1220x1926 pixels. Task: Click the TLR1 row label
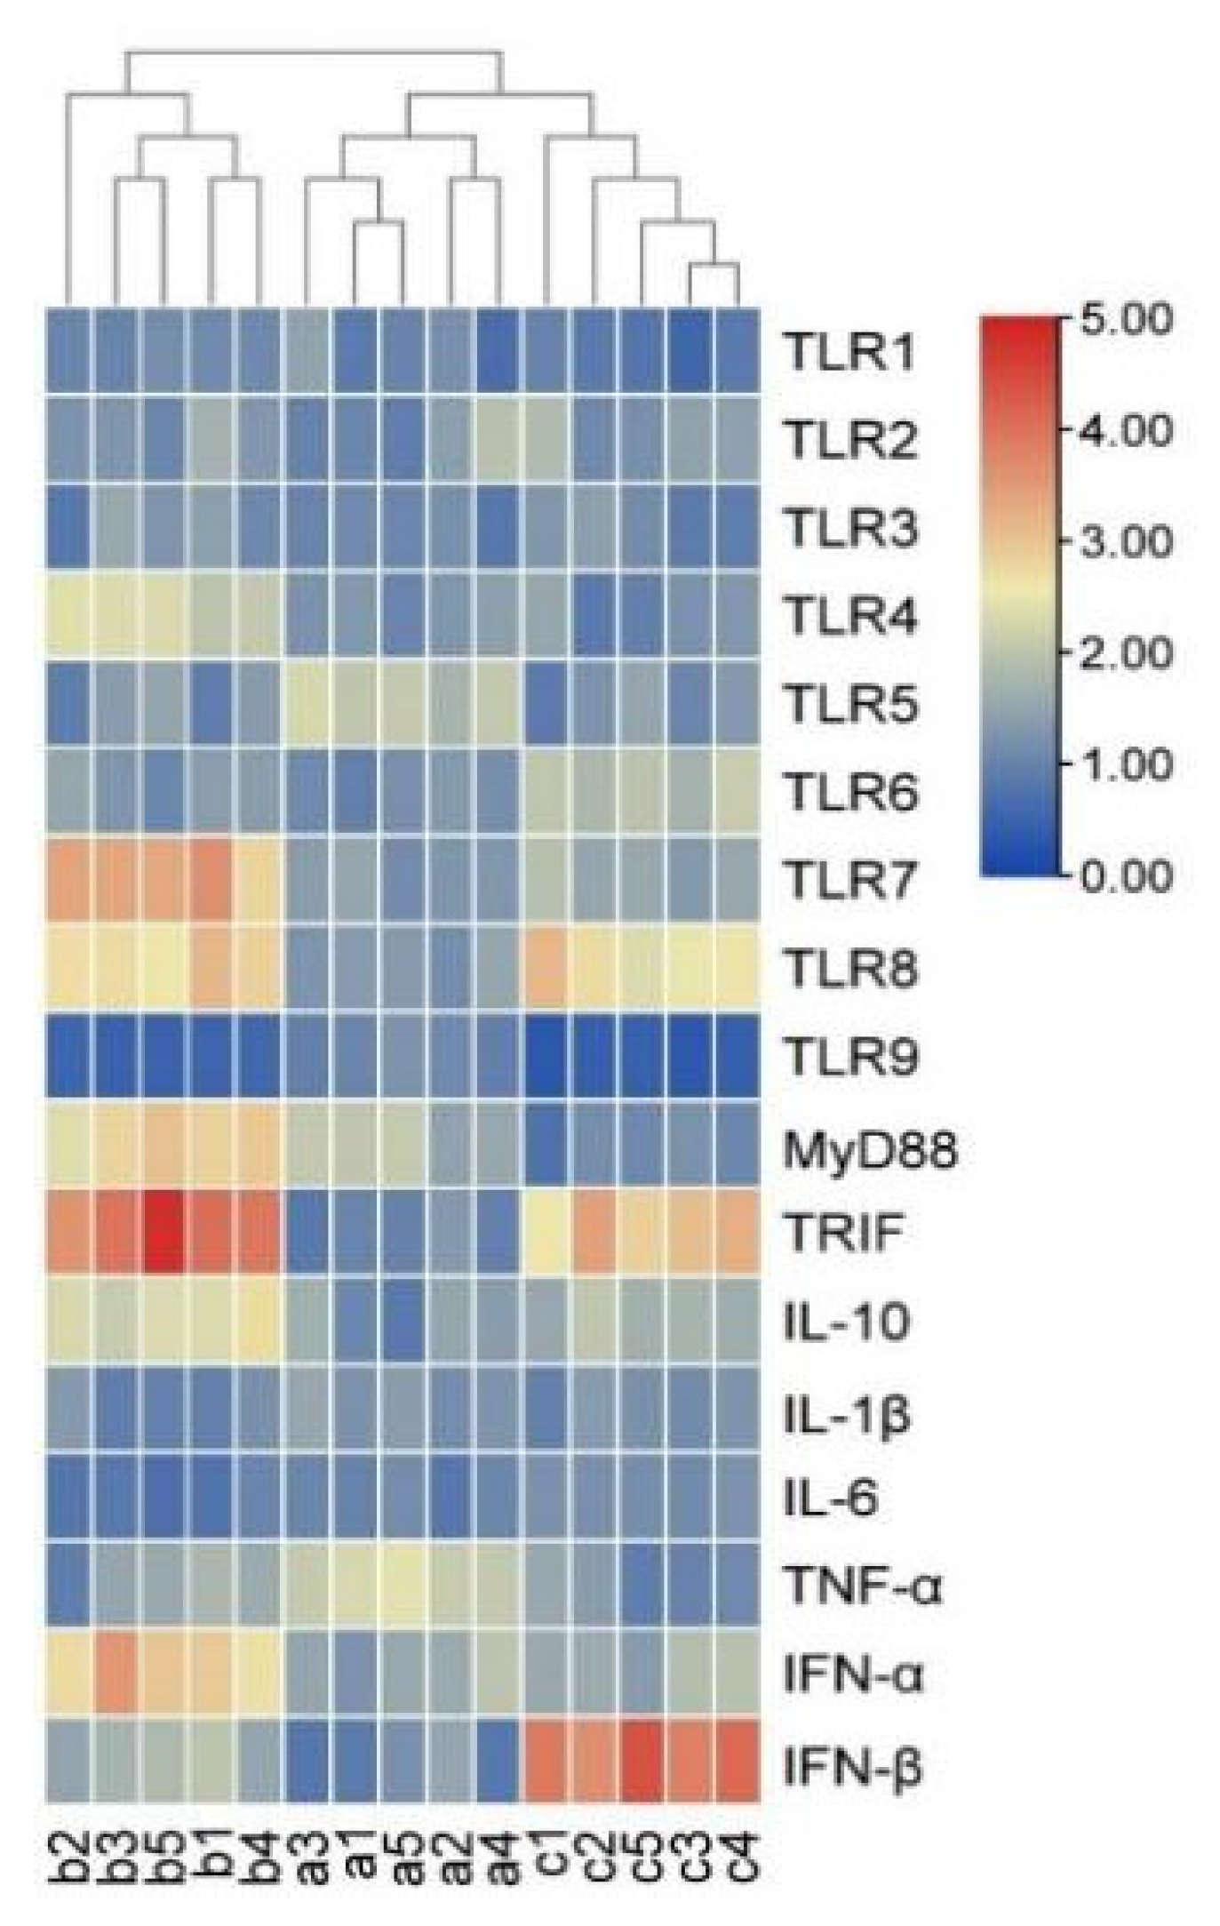tap(849, 352)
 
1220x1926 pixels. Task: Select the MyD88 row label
tap(870, 1151)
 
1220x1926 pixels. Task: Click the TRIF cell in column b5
tap(164, 1233)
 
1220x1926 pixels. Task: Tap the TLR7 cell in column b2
tap(68, 880)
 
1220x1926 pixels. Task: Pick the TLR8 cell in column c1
tap(546, 968)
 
